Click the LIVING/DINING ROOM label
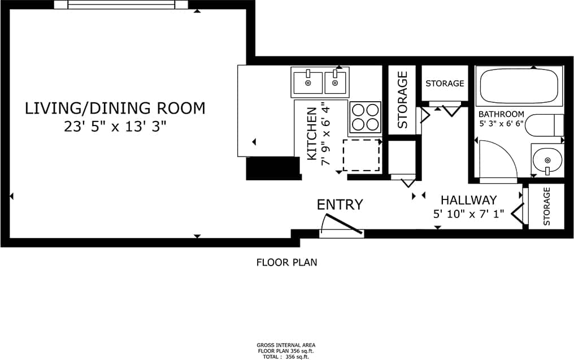point(115,108)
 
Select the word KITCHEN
point(311,133)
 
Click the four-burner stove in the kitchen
point(364,118)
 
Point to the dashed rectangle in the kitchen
point(362,154)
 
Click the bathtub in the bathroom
point(520,85)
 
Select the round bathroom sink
point(547,160)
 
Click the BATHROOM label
point(501,114)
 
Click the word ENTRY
point(340,205)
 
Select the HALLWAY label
point(468,200)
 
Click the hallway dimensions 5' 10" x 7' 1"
point(468,214)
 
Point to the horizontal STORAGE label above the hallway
point(445,84)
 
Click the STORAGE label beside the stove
point(402,99)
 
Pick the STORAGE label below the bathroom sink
point(547,207)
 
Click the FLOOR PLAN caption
point(286,262)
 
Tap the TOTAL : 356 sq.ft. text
point(286,357)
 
